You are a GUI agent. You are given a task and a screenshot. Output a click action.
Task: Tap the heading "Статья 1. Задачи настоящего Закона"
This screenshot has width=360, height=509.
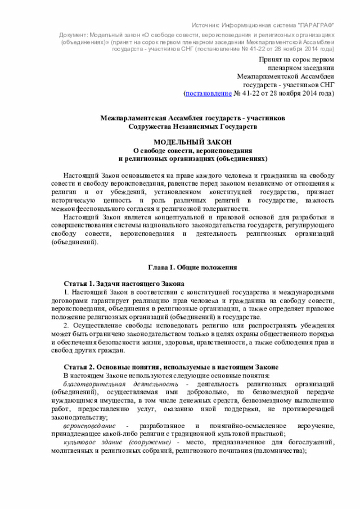pos(124,283)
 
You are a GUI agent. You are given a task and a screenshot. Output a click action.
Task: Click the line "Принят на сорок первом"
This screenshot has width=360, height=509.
pos(296,59)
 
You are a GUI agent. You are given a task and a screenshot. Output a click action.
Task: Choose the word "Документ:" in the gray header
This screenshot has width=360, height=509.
pos(74,35)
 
